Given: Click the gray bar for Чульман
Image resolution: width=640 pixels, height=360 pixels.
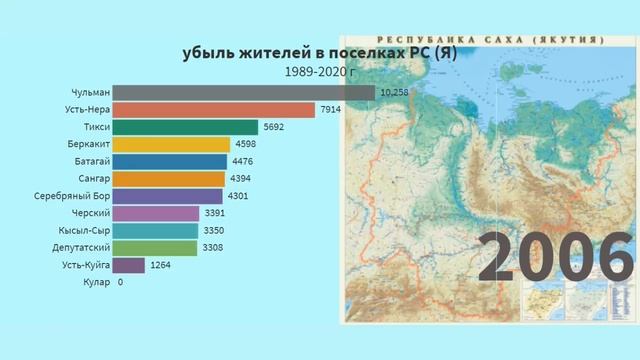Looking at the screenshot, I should coord(243,92).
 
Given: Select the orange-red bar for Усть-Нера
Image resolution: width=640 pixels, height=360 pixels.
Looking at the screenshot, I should coord(213,109).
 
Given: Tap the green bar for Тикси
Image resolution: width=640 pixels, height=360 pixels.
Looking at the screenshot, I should coord(185,127).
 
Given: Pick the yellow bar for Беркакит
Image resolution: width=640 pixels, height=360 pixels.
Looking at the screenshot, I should coord(171,144).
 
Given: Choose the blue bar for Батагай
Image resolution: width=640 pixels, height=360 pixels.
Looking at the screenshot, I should coord(169,161).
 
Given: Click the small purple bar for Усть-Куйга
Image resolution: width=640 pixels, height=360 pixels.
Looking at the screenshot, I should coord(128,265).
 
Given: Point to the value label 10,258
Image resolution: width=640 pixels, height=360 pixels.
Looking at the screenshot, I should coord(394,92).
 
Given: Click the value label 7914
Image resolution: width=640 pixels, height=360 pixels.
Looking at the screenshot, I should coord(331,109).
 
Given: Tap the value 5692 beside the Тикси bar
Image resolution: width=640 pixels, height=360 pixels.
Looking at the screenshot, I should coord(275,127).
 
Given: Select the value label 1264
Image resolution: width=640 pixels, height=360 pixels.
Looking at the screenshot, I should coord(161,265).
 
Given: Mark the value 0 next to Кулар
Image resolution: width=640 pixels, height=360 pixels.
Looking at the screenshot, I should coord(120,282).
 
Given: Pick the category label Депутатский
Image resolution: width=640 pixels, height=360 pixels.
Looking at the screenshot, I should coord(78,248).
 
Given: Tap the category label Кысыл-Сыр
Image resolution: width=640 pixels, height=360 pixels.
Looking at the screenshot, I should coord(82,230).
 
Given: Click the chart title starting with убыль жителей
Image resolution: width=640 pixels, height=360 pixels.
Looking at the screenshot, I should coord(318,54).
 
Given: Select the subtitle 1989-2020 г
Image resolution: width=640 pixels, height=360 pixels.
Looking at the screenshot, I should coord(319,72).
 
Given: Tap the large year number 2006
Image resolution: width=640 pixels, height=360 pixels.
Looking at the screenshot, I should coord(556,257).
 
